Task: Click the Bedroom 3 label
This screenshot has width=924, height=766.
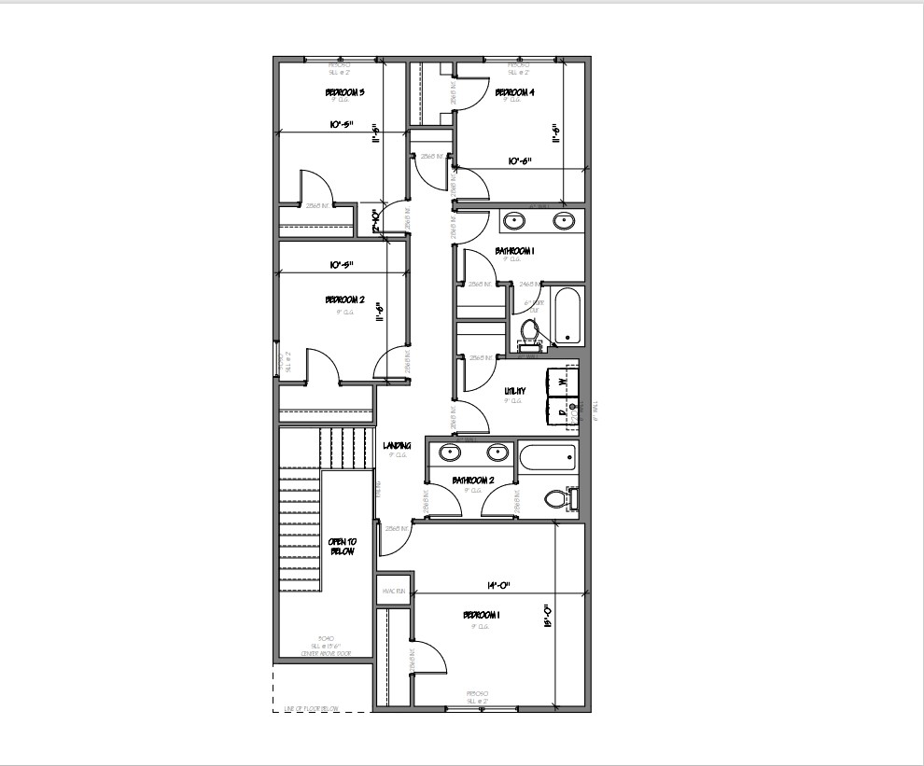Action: pos(344,92)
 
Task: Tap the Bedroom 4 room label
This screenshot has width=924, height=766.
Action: pos(514,92)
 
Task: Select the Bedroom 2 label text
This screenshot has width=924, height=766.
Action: pos(344,299)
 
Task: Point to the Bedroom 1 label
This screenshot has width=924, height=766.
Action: pos(482,615)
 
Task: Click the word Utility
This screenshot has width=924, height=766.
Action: pos(514,391)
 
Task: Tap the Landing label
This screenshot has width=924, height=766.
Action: pos(398,446)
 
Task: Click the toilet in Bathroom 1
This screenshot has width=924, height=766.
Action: pos(529,331)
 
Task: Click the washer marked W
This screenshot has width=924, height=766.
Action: pos(563,381)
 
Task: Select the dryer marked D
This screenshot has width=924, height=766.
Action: pos(562,411)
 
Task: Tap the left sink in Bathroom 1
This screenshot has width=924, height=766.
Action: pos(514,221)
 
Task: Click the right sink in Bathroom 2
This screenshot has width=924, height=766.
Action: pos(497,453)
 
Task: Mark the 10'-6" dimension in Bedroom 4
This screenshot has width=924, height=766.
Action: pos(520,161)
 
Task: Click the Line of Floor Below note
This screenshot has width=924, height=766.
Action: pos(312,709)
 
